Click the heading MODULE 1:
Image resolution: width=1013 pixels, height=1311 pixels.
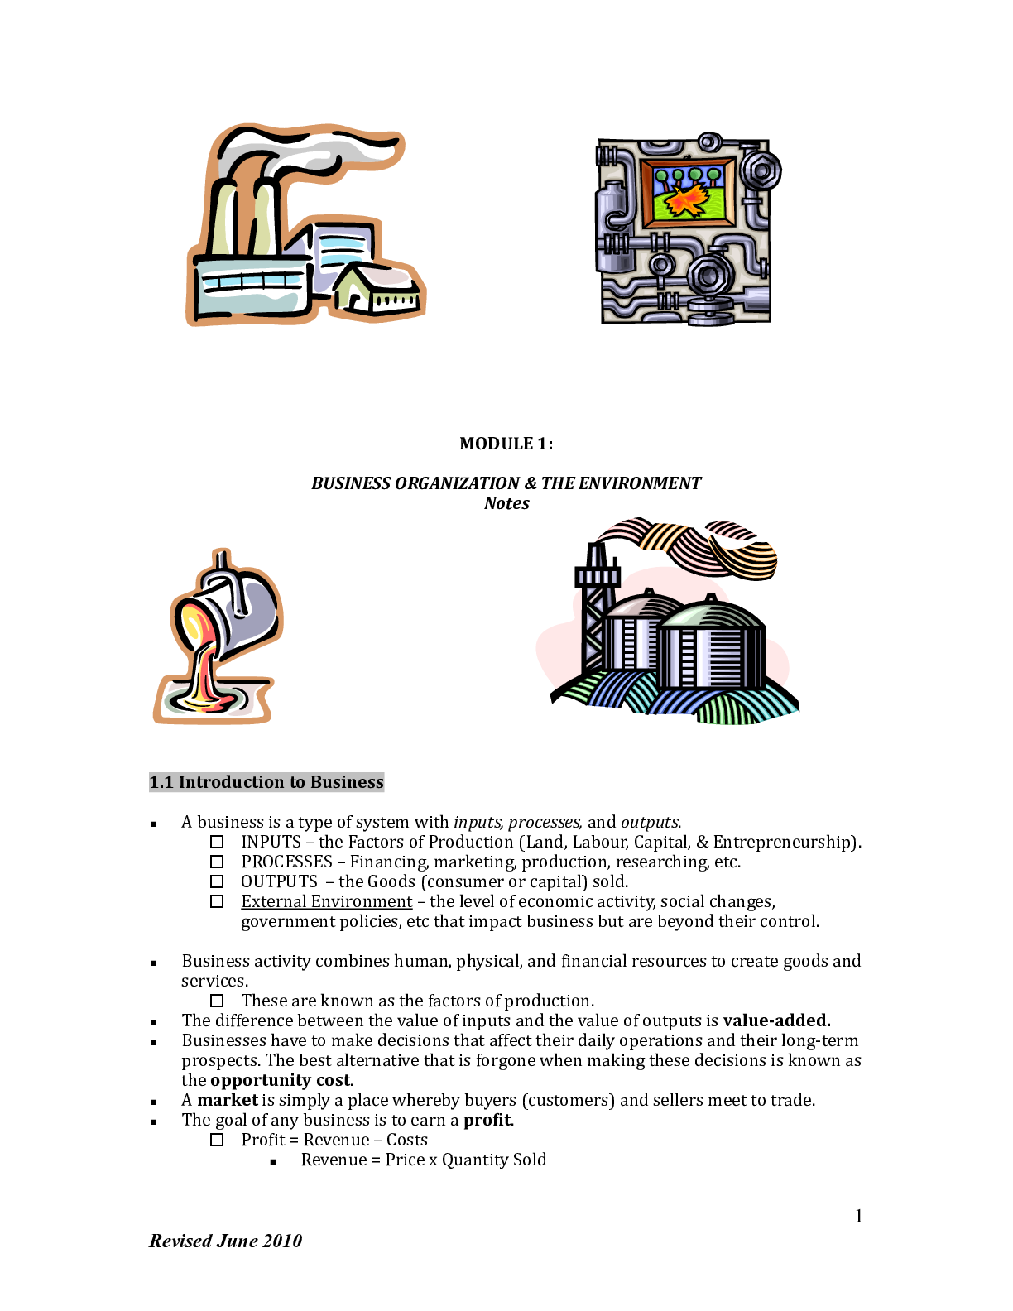pyautogui.click(x=506, y=444)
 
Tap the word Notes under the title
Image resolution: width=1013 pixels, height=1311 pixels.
pyautogui.click(x=506, y=503)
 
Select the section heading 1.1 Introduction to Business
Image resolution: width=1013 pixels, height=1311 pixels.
pyautogui.click(x=266, y=782)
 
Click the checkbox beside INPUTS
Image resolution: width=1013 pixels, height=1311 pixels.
pyautogui.click(x=217, y=842)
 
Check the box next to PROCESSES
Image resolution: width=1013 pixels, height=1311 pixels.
pyautogui.click(x=217, y=862)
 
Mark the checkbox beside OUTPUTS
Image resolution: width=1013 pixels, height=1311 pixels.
pyautogui.click(x=217, y=881)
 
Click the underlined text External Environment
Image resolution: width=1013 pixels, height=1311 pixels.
pyautogui.click(x=326, y=901)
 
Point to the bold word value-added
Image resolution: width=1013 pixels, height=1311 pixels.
pyautogui.click(x=775, y=1020)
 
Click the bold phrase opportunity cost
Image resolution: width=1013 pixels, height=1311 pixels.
pyautogui.click(x=281, y=1080)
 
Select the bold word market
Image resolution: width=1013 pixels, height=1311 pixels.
pyautogui.click(x=227, y=1100)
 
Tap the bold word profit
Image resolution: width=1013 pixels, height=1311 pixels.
pyautogui.click(x=487, y=1120)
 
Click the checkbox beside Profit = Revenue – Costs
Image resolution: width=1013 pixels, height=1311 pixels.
pyautogui.click(x=217, y=1140)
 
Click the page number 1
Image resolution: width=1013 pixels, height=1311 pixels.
pyautogui.click(x=859, y=1216)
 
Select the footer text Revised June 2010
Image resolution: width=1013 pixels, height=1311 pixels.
pyautogui.click(x=225, y=1241)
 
